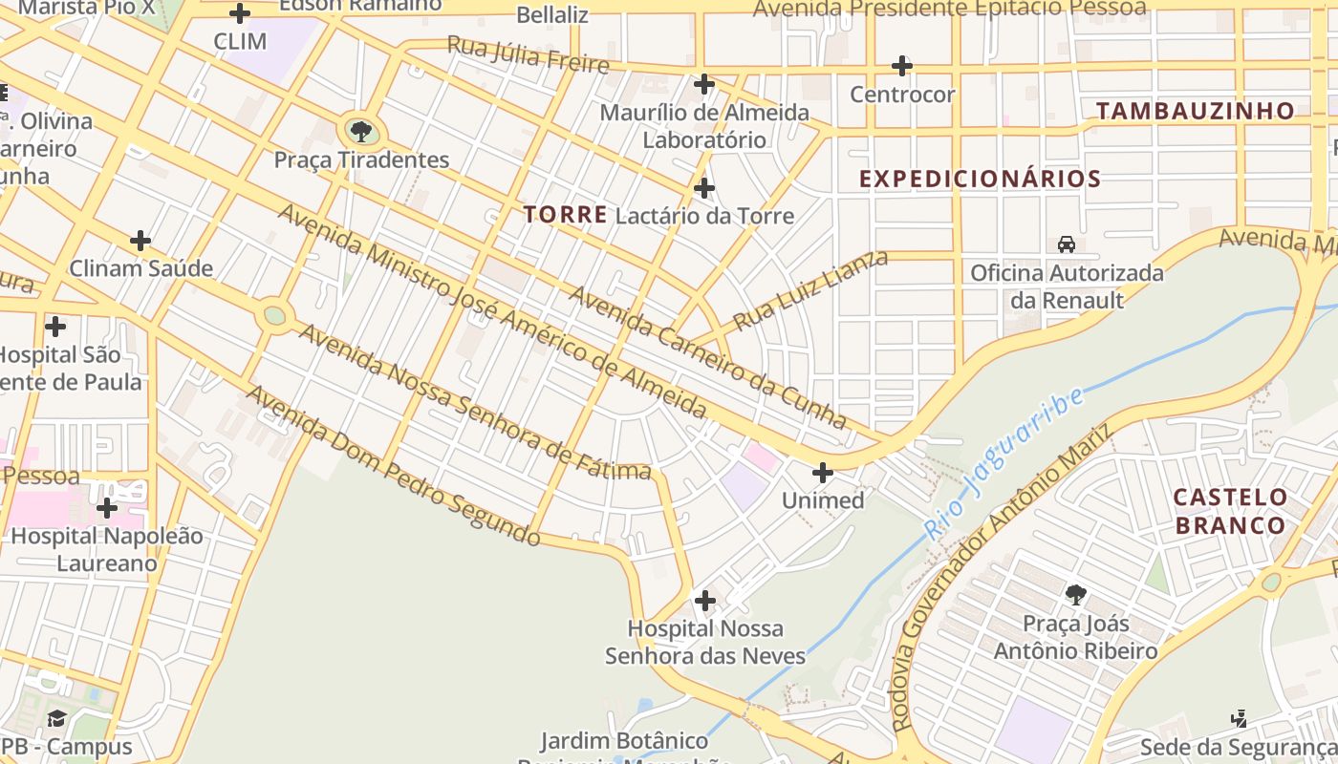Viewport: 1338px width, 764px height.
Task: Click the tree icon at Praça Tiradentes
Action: pyautogui.click(x=360, y=131)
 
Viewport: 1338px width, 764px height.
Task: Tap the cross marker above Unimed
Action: pyautogui.click(x=822, y=472)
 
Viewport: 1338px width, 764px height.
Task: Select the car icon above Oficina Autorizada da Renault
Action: pyautogui.click(x=1067, y=244)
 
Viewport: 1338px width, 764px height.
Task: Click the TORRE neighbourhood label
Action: pyautogui.click(x=565, y=215)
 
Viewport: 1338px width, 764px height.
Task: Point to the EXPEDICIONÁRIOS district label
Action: pyautogui.click(x=980, y=179)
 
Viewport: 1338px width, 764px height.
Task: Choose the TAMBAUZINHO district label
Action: pyautogui.click(x=1195, y=111)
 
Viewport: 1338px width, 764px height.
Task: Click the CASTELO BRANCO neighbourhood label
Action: pyautogui.click(x=1230, y=511)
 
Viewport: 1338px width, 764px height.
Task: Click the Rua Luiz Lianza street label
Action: pyautogui.click(x=810, y=289)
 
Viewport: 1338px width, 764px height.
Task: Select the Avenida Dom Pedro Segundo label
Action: pyautogui.click(x=393, y=465)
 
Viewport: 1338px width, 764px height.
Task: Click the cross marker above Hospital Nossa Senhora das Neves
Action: pyautogui.click(x=705, y=601)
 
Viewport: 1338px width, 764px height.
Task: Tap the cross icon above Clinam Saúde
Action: pyautogui.click(x=140, y=240)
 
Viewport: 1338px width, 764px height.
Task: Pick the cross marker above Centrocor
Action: pyautogui.click(x=901, y=66)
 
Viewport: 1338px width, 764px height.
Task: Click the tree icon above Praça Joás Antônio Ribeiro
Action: pyautogui.click(x=1075, y=595)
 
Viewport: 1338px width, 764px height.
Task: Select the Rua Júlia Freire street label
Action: pyautogui.click(x=528, y=54)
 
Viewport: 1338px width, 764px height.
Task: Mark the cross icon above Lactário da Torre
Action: pyautogui.click(x=704, y=187)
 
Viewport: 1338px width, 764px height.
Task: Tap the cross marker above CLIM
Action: pyautogui.click(x=240, y=13)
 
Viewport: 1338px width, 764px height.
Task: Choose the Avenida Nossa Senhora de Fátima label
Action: pyautogui.click(x=475, y=402)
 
